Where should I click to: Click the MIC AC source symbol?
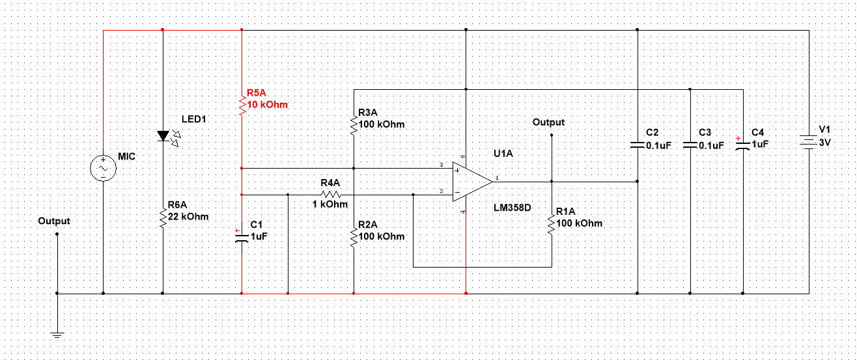[103, 168]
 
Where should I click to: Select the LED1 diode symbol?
[162, 136]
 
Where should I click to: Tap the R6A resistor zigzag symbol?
[162, 217]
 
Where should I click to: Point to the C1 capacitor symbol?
[242, 236]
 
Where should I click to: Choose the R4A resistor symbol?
[331, 194]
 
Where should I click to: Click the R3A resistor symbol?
[353, 124]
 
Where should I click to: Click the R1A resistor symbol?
[552, 223]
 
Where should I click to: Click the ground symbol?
[57, 335]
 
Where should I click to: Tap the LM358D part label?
[513, 208]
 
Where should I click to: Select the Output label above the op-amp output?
[548, 122]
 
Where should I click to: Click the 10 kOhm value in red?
[267, 104]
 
